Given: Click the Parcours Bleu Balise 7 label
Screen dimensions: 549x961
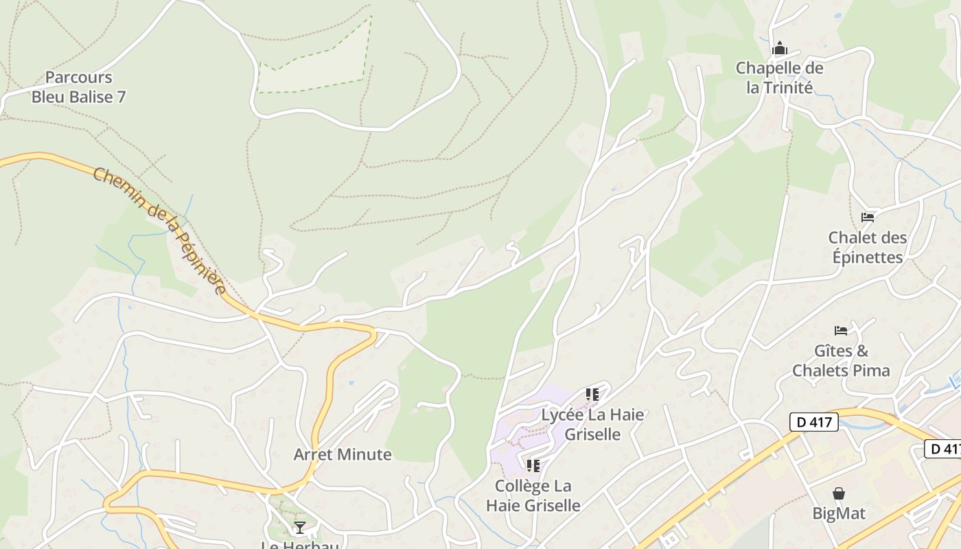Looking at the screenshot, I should click(x=79, y=87).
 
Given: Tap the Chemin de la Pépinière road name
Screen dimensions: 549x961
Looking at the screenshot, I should click(x=160, y=231).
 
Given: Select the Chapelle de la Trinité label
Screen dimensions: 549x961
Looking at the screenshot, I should click(x=779, y=78).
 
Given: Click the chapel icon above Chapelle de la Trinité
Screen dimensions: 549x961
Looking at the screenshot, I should click(x=779, y=49).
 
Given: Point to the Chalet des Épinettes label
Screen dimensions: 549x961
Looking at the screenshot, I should click(x=868, y=247).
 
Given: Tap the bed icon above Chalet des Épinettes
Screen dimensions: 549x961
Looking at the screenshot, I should click(x=868, y=218).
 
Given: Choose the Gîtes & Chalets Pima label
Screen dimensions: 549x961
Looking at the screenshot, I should click(x=841, y=361).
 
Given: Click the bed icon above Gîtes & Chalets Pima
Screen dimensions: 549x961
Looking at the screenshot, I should click(x=841, y=331).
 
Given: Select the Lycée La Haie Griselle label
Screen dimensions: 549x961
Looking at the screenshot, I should click(x=592, y=424).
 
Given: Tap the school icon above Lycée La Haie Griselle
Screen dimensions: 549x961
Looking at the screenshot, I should click(x=592, y=395).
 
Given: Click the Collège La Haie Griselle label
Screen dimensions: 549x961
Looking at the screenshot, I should click(x=533, y=495).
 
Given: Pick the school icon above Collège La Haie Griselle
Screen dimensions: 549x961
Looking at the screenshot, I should click(x=533, y=466).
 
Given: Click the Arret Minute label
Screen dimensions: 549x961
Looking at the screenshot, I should click(x=343, y=454).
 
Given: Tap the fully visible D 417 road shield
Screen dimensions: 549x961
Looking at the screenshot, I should click(x=814, y=422).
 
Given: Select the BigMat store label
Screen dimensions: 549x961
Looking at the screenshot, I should click(x=839, y=513).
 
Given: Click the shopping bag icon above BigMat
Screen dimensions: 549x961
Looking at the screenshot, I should click(x=839, y=493).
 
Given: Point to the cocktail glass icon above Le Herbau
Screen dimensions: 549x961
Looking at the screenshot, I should click(x=299, y=527).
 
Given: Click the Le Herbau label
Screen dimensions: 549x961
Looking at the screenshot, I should click(x=300, y=545).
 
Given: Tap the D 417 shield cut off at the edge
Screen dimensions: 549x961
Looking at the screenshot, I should click(x=944, y=449).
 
